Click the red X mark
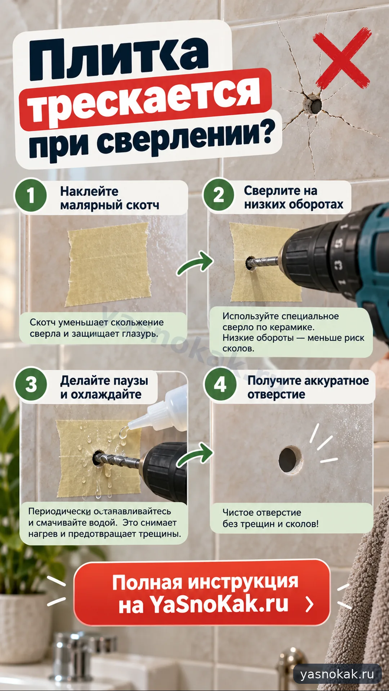341,58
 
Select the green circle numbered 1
31,195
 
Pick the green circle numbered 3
31,384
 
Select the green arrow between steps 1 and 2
194,265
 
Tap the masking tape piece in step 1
108,264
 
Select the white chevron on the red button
309,604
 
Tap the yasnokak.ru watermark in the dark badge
337,674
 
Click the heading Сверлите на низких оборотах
294,197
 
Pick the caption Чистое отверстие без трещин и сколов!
270,518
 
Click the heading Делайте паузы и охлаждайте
104,387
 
